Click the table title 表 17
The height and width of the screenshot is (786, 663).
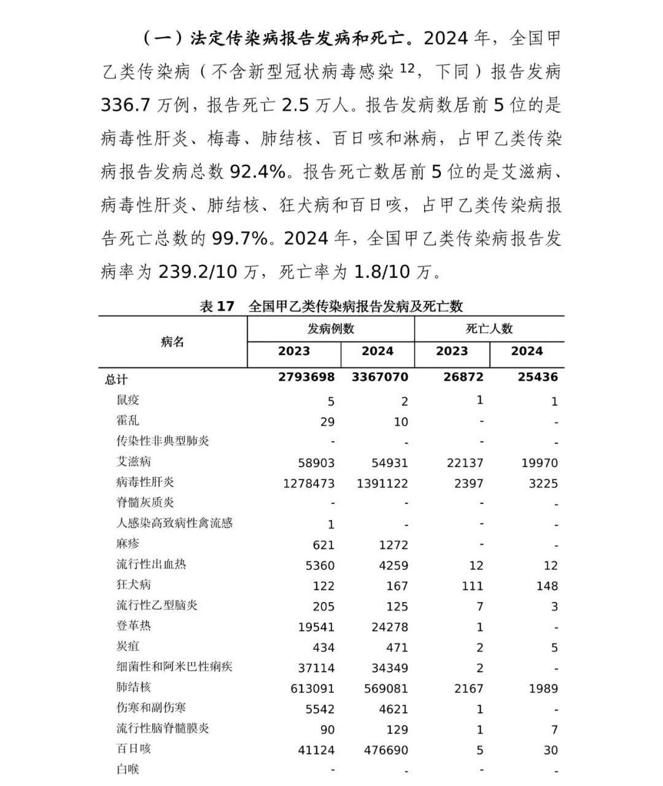[x=217, y=306]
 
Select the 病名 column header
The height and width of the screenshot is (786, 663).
[x=173, y=342]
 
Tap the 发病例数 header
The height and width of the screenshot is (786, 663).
[x=331, y=329]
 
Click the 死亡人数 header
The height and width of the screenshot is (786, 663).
[x=489, y=329]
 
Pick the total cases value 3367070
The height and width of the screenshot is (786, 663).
[x=379, y=377]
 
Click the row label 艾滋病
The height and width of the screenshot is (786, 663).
[x=133, y=462]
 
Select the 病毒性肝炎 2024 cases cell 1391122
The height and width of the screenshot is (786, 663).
[x=382, y=483]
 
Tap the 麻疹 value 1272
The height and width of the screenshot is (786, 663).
[x=393, y=544]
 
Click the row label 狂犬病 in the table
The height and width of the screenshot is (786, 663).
[x=133, y=585]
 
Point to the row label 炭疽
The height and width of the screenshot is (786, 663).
[x=128, y=646]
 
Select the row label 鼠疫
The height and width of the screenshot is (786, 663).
[x=128, y=400]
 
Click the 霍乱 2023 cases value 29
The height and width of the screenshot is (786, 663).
[x=327, y=422]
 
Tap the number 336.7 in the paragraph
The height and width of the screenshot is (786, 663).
[x=126, y=105]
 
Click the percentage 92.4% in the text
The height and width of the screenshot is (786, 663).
[x=258, y=172]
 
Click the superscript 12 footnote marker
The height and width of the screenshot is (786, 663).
[x=408, y=67]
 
